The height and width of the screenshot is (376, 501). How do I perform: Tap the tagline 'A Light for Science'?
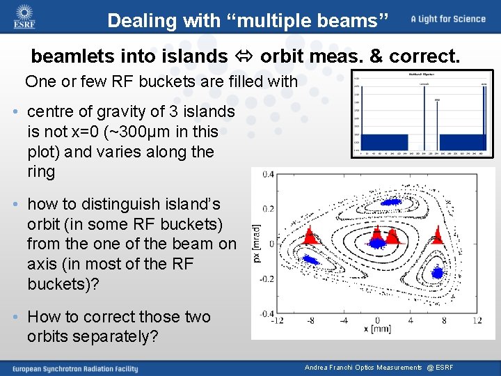coord(447,19)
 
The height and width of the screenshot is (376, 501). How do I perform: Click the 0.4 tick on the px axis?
coord(267,174)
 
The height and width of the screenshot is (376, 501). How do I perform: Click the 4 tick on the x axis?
coord(410,320)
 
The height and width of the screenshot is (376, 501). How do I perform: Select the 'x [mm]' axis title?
coord(376,329)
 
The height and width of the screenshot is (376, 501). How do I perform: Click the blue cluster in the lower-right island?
coord(438,271)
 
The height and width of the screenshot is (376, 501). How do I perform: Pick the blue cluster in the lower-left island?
coord(308,262)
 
